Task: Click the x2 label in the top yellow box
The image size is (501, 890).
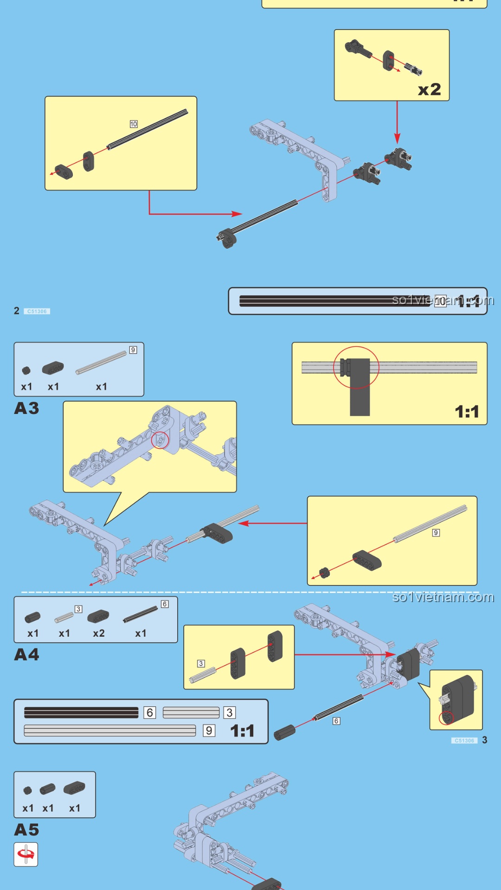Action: click(429, 89)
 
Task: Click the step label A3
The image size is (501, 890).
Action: click(26, 408)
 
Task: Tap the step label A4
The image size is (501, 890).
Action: click(26, 655)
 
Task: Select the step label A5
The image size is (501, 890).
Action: click(26, 830)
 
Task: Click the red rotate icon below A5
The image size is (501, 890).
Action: click(26, 854)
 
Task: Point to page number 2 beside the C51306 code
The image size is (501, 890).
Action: click(17, 311)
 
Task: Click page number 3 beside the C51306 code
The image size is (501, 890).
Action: click(485, 740)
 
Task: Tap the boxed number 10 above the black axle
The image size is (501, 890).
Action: click(134, 124)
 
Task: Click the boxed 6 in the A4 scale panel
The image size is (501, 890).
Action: click(149, 712)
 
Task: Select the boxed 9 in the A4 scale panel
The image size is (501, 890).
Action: click(209, 731)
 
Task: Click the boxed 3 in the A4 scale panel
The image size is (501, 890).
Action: click(230, 712)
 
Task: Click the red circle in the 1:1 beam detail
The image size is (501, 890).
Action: click(356, 367)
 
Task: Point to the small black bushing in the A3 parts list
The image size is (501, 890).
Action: click(26, 370)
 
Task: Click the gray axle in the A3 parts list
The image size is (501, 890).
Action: click(101, 362)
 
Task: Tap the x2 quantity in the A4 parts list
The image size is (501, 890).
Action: click(98, 634)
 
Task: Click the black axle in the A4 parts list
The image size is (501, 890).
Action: click(141, 615)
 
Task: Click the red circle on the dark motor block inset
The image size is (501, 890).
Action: click(446, 718)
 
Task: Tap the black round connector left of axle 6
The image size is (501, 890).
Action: click(284, 733)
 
